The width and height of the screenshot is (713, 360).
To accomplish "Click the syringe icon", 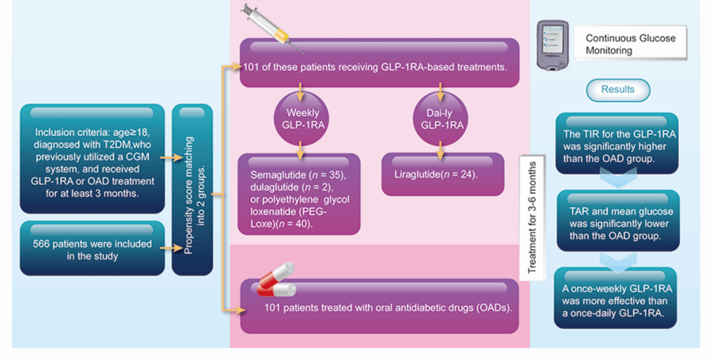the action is [x=273, y=28].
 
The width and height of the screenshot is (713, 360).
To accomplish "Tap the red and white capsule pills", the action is [x=276, y=279].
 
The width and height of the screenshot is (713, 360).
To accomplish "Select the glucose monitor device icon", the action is [x=553, y=46].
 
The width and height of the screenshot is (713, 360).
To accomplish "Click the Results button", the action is [x=618, y=90].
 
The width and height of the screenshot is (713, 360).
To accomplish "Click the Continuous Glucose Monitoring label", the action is [x=630, y=44].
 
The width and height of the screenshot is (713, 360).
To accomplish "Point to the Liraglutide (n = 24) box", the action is [x=442, y=175].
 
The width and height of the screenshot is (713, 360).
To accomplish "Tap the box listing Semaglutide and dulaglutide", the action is [x=299, y=194].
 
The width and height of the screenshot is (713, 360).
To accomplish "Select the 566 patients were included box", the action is [x=92, y=248].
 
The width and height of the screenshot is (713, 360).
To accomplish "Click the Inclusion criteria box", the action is [x=92, y=159].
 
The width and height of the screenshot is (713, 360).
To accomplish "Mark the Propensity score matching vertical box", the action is [x=192, y=190].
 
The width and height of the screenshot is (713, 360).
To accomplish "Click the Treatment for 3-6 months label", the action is [x=531, y=217].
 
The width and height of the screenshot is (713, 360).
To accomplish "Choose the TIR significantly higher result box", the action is [x=617, y=144].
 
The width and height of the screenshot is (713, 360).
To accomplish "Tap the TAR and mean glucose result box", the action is [x=618, y=221].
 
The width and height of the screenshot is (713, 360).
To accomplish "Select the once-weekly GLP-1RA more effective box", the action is [x=615, y=298].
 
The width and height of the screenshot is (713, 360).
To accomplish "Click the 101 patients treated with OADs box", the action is [x=379, y=306].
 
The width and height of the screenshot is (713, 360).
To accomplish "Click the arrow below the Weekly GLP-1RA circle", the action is [x=300, y=151].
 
